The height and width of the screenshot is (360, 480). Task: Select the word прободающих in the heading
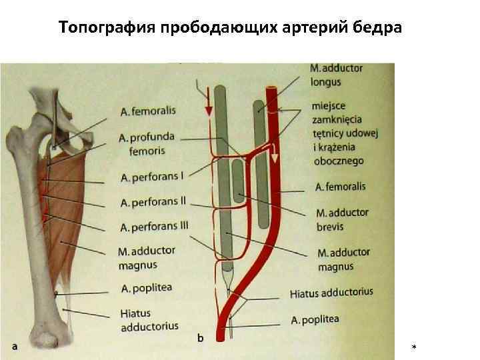click(x=199, y=29)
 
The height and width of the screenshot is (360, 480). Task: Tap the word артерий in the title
click(x=289, y=29)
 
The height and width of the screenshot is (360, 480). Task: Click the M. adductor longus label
click(x=337, y=75)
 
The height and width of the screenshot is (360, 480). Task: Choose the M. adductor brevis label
click(x=341, y=220)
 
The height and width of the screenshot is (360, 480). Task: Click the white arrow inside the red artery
click(x=274, y=155)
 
